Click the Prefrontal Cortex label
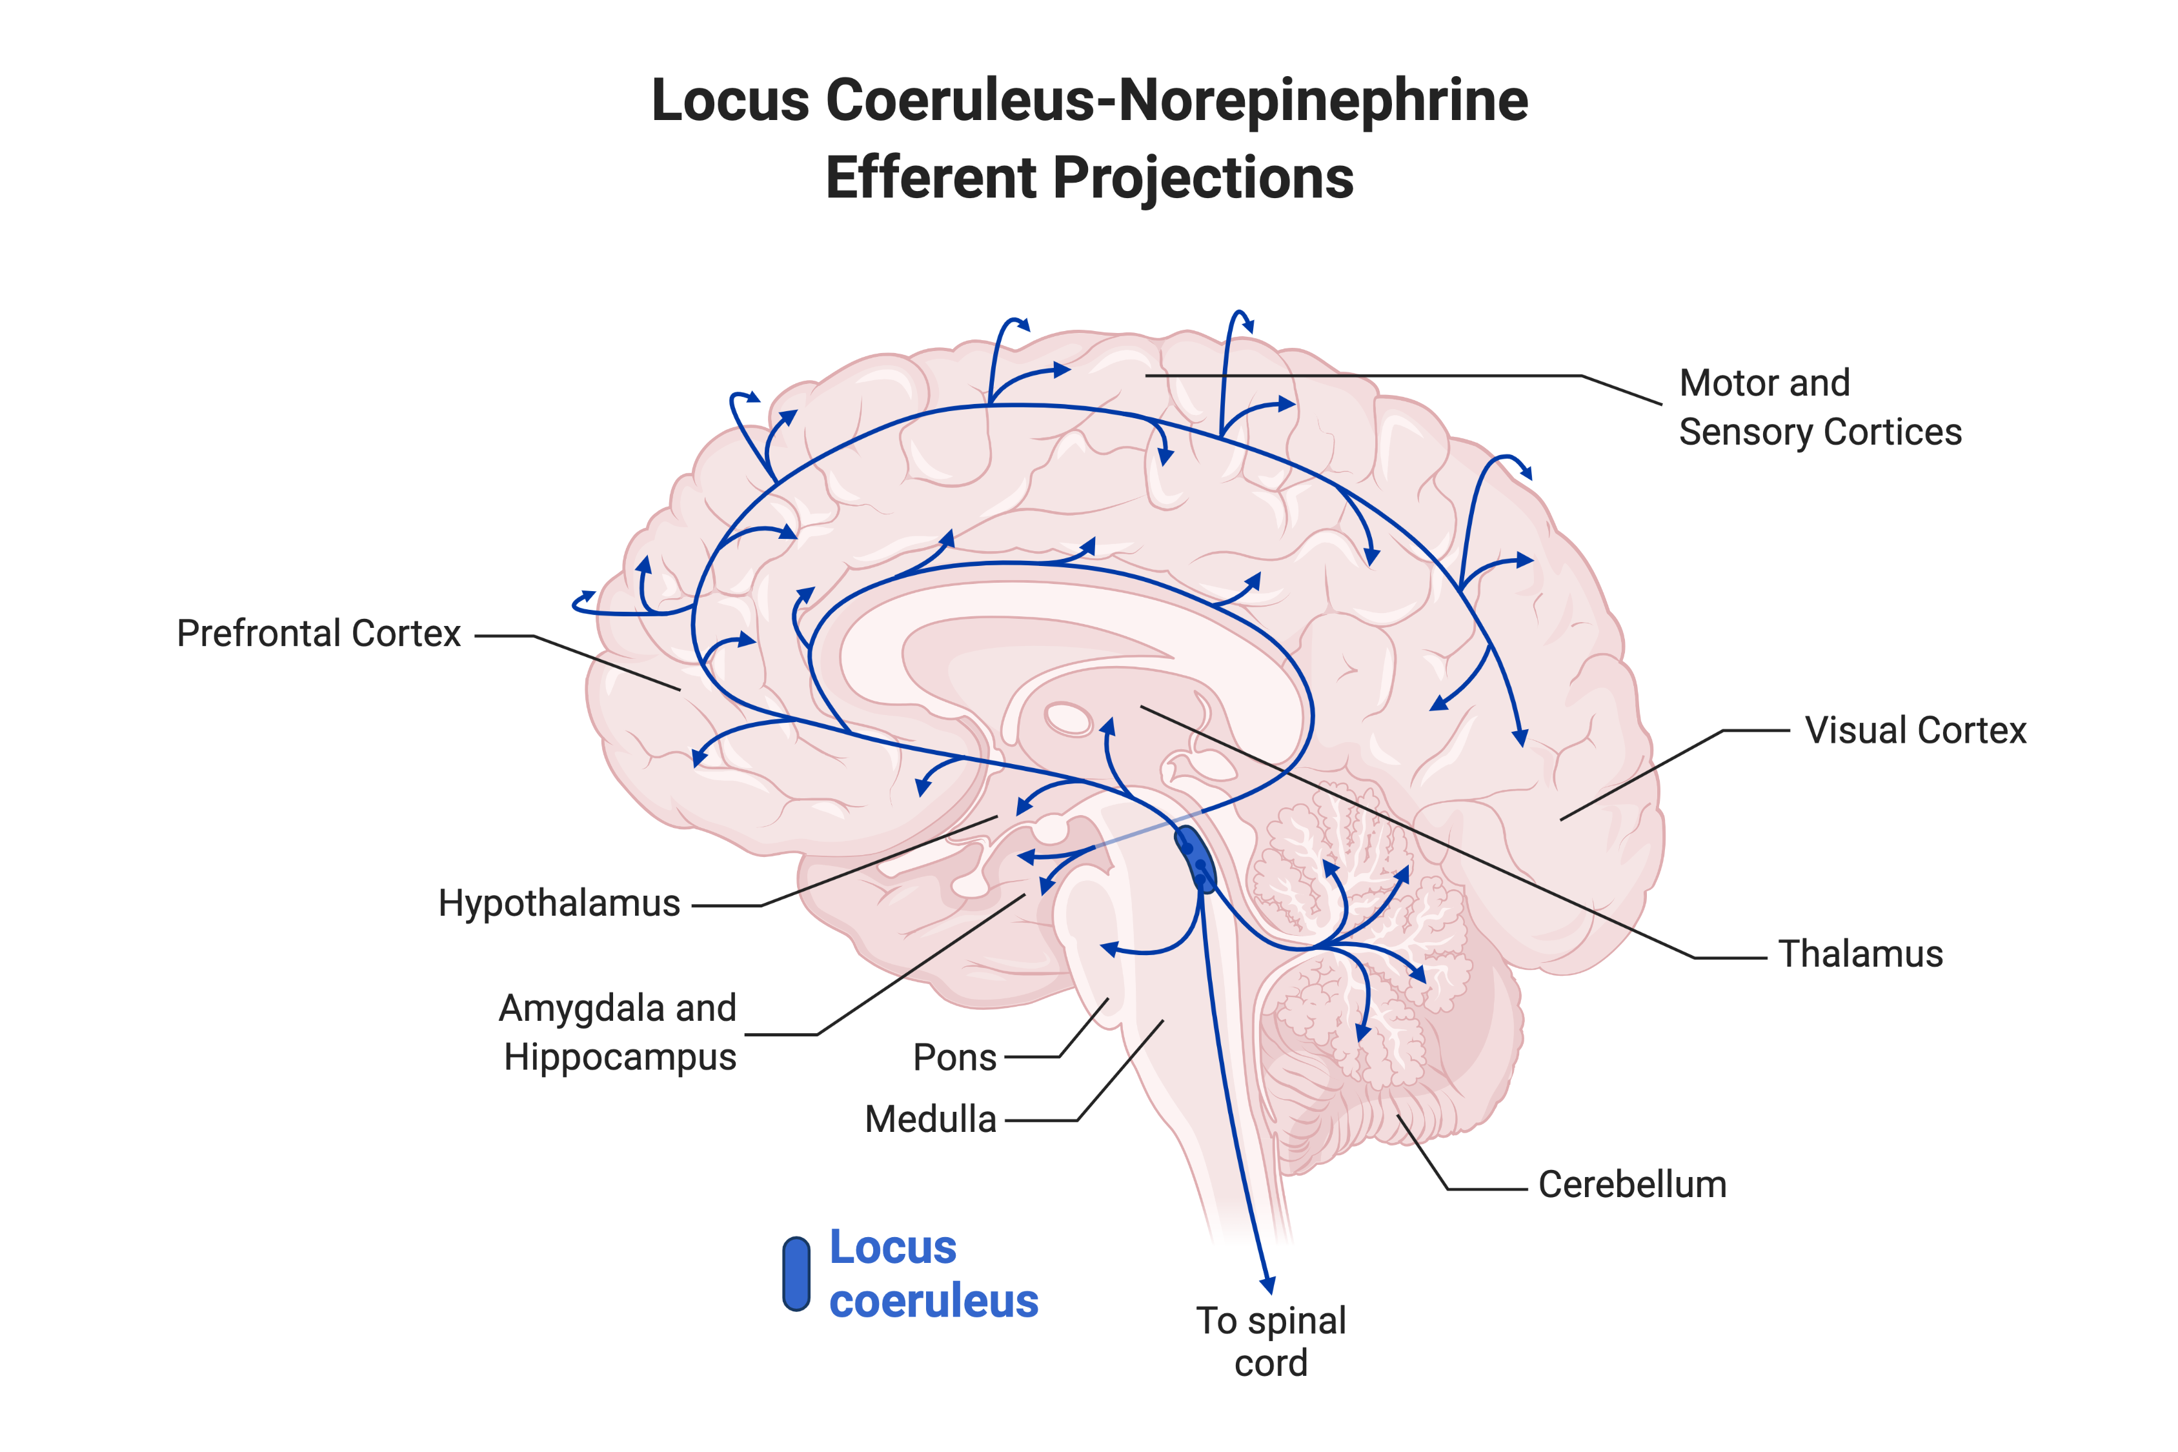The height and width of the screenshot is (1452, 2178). [319, 634]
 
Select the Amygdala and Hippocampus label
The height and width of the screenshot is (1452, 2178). [618, 1032]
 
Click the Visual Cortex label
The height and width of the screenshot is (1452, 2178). [1915, 731]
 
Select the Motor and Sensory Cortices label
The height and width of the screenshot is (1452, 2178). [1820, 407]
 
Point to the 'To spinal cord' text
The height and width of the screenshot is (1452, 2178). [1271, 1342]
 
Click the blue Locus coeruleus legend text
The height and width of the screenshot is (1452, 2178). [933, 1274]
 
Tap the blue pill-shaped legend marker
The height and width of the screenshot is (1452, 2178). [796, 1274]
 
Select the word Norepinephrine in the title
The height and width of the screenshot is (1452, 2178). [1324, 100]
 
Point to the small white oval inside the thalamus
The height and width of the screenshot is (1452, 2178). [1069, 719]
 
